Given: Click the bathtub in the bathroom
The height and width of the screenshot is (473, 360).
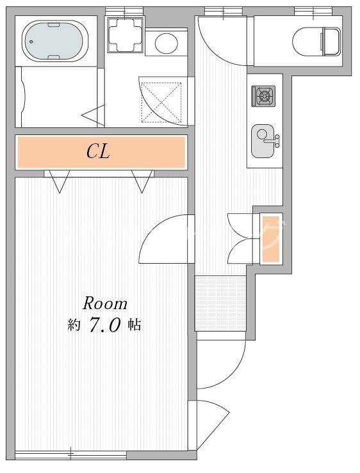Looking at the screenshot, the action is [54, 42].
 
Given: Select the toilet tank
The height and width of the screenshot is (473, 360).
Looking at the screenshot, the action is [332, 42].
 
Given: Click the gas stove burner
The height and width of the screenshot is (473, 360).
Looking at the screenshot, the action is [264, 96].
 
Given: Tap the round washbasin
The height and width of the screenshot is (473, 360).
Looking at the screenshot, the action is [166, 42].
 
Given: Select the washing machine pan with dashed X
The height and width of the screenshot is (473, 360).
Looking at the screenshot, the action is [162, 102].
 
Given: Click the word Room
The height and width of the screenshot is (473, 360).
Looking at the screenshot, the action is [105, 303].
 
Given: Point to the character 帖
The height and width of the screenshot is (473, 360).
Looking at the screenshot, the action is [134, 325].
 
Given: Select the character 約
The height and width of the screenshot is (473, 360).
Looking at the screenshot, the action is [74, 325].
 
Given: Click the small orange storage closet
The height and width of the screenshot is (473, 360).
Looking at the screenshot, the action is [270, 239].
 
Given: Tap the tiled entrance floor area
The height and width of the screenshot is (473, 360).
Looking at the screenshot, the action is [220, 303].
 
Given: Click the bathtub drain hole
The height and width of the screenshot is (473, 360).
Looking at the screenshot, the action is [31, 42].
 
